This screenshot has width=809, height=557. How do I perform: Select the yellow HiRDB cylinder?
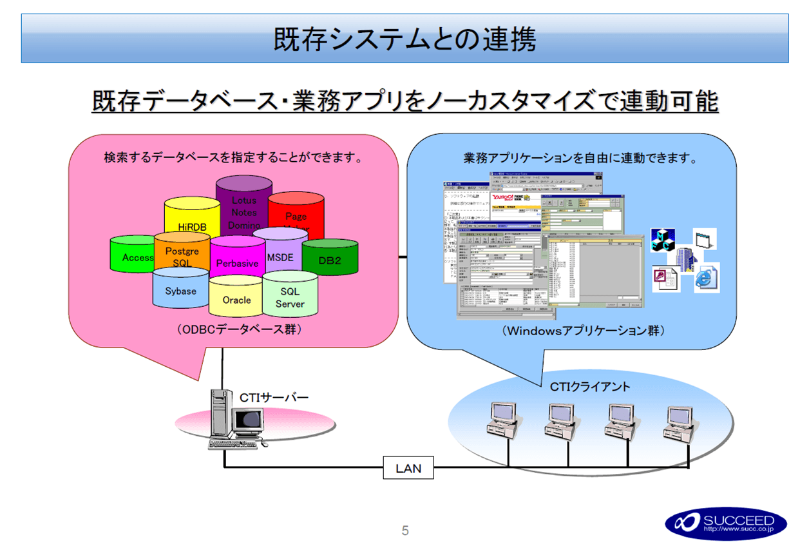pyautogui.click(x=191, y=222)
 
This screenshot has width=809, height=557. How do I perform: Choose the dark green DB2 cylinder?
pyautogui.click(x=330, y=260)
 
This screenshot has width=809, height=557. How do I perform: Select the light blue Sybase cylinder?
pyautogui.click(x=180, y=291)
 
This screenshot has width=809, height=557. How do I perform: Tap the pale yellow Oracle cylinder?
pyautogui.click(x=236, y=299)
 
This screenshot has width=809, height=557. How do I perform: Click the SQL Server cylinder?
pyautogui.click(x=290, y=297)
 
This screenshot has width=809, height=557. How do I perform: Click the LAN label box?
pyautogui.click(x=408, y=468)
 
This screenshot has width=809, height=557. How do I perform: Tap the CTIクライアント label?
pyautogui.click(x=590, y=387)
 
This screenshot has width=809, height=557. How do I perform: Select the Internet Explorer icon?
pyautogui.click(x=706, y=278)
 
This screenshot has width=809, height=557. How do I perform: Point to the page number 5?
pyautogui.click(x=405, y=531)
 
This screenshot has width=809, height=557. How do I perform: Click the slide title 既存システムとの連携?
pyautogui.click(x=404, y=39)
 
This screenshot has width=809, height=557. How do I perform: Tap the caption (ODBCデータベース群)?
pyautogui.click(x=240, y=329)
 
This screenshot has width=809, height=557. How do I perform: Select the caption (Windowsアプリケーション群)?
pyautogui.click(x=583, y=330)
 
